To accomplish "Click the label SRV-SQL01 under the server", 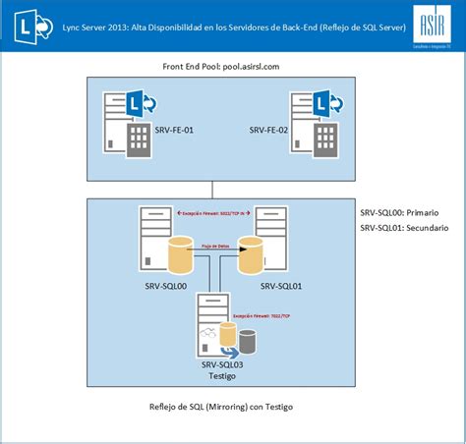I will (x=282, y=286).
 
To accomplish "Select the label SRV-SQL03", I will (x=223, y=364).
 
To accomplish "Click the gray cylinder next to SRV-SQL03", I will (x=248, y=341).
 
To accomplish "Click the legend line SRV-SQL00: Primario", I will (x=399, y=212).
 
